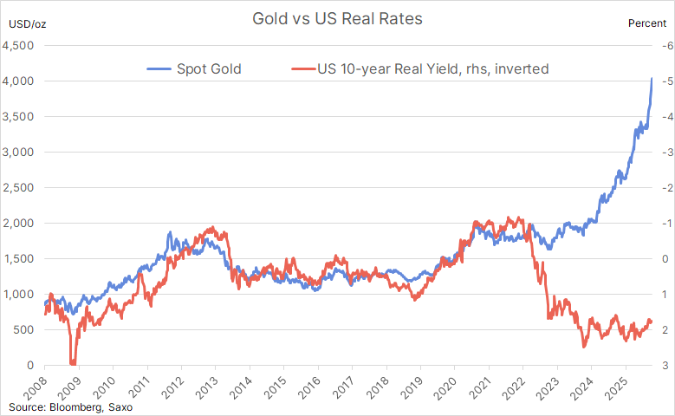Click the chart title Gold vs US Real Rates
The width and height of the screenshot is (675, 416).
[336, 18]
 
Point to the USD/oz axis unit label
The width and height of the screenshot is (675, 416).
[25, 23]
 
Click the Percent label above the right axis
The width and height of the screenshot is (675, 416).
[647, 23]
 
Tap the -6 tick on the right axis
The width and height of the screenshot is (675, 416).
[662, 45]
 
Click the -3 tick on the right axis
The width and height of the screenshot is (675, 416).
[662, 153]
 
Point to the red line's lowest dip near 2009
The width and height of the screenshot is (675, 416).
[73, 363]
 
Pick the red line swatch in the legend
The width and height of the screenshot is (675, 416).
[304, 68]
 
